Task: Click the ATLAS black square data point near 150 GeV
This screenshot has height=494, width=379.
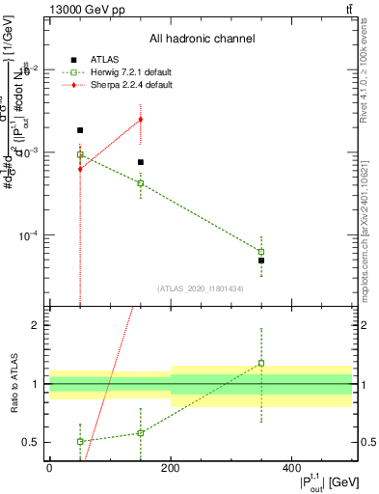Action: [x=141, y=162]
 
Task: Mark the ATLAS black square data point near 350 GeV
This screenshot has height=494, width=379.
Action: [x=261, y=261]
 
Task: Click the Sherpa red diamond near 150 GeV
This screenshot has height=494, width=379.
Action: [x=141, y=120]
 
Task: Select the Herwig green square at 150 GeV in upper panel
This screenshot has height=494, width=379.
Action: [x=141, y=183]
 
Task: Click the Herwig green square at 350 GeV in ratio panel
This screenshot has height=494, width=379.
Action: [x=261, y=364]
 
